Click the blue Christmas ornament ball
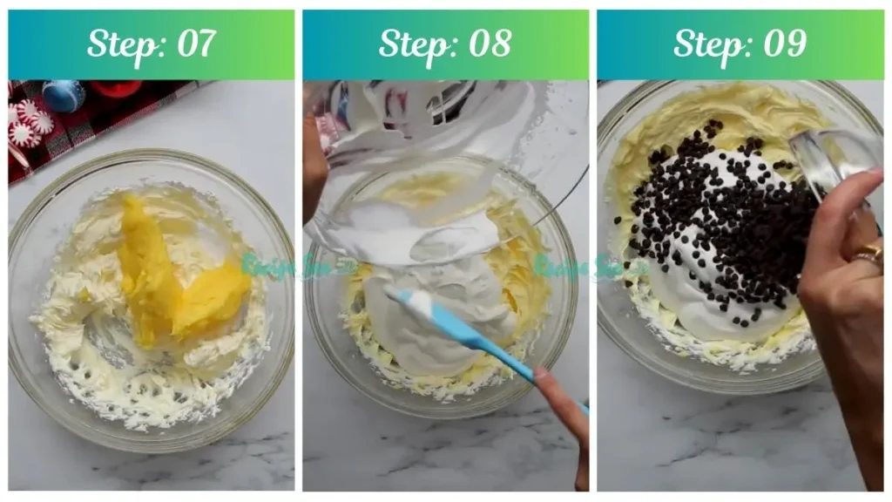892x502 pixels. click(x=64, y=95)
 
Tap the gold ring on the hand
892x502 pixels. click(x=868, y=255)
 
